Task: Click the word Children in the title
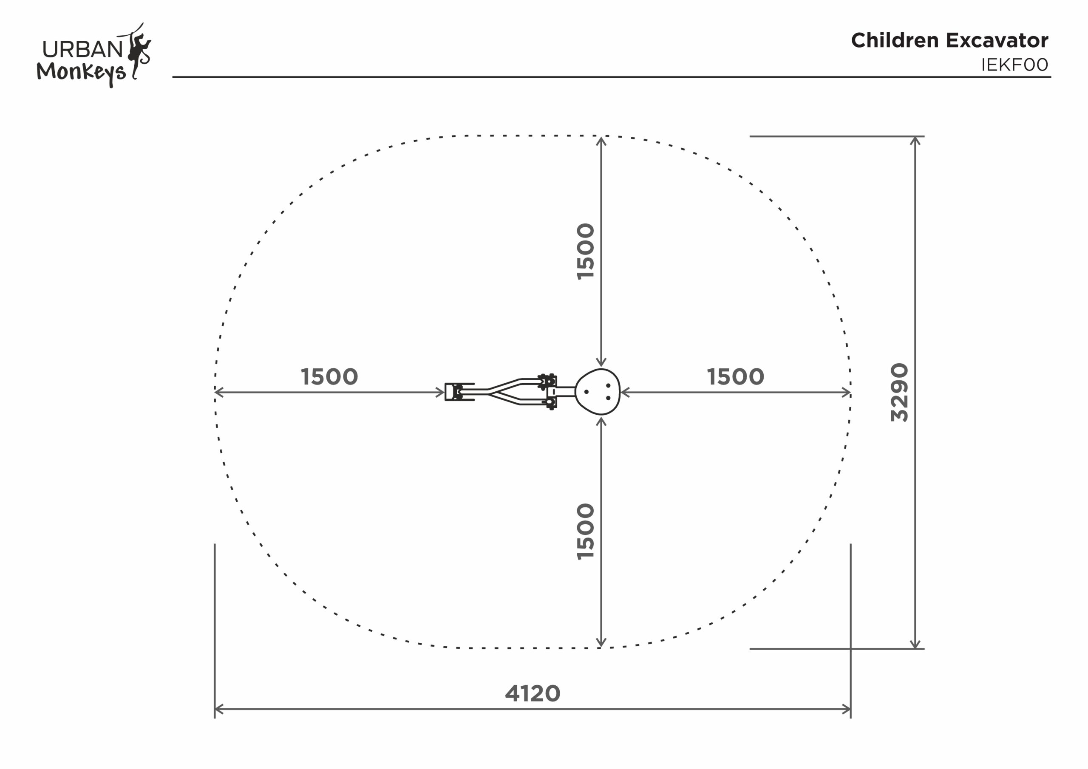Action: pyautogui.click(x=895, y=40)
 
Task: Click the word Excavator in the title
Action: pyautogui.click(x=997, y=40)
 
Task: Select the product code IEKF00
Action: pyautogui.click(x=1014, y=65)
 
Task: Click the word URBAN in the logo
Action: pyautogui.click(x=83, y=49)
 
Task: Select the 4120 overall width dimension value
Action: pyautogui.click(x=533, y=693)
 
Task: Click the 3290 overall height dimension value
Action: pyautogui.click(x=899, y=392)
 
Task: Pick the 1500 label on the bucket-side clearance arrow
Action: pyautogui.click(x=329, y=377)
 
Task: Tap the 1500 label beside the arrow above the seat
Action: pyautogui.click(x=585, y=252)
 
